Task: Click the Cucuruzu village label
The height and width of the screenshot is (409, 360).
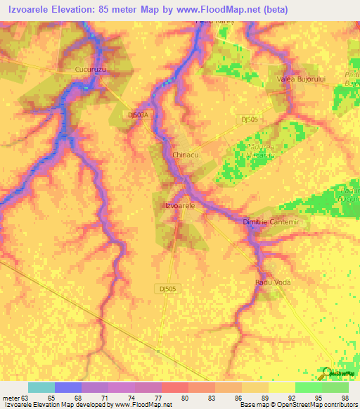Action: (x=90, y=70)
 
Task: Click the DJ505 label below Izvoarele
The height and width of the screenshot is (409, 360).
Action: (x=167, y=288)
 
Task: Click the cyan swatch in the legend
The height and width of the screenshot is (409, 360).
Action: (x=41, y=387)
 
